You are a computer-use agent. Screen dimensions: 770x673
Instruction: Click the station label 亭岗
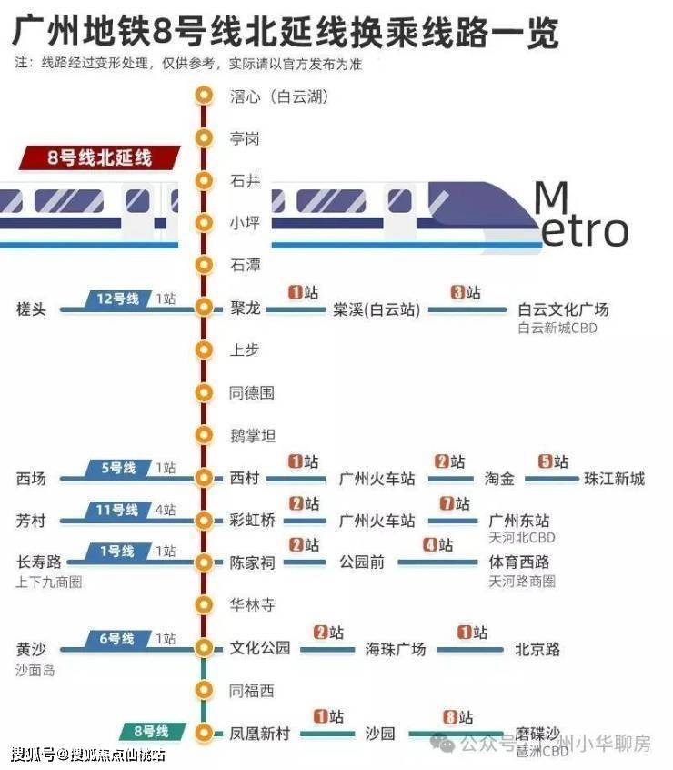pos(245,138)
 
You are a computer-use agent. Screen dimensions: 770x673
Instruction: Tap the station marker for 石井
pos(203,180)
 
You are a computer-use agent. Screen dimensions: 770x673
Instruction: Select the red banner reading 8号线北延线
pos(99,157)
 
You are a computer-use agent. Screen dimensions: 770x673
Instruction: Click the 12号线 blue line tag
pos(118,299)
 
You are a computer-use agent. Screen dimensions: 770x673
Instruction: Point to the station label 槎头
pos(31,309)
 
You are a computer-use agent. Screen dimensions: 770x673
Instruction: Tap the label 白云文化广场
pos(563,309)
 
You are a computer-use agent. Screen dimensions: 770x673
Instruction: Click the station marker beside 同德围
pos(203,393)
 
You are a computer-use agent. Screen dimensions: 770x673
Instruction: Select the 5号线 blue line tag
pos(118,468)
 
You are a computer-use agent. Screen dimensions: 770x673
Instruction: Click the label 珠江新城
pos(614,479)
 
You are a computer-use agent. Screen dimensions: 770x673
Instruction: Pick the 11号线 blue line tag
pos(118,510)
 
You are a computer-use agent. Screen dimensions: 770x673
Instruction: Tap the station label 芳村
pos(31,521)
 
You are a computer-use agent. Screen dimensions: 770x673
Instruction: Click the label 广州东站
pos(519,521)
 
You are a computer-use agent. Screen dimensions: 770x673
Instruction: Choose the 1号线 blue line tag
pos(118,552)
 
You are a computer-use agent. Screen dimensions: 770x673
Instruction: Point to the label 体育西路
pos(519,562)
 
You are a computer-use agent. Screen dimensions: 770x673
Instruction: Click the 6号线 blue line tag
pos(118,639)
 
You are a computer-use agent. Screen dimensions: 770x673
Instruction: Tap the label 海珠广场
pos(396,650)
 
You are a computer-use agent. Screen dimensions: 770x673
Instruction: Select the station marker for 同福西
pos(203,691)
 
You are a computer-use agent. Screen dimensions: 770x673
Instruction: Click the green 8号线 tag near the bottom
pos(151,732)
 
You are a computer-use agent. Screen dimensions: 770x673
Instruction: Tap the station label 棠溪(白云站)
pos(364,309)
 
